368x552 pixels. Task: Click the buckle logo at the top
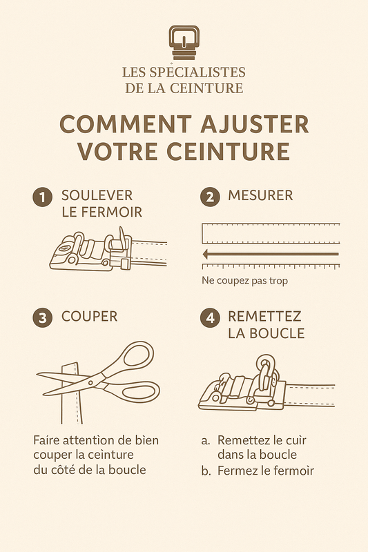[184, 43]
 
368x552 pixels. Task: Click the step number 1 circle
[43, 197]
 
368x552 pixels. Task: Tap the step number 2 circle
[210, 197]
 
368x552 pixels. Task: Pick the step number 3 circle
[43, 317]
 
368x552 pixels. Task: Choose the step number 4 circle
[210, 317]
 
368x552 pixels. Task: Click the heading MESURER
[260, 196]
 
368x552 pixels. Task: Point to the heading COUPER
[89, 317]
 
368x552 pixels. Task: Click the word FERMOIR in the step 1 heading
[114, 213]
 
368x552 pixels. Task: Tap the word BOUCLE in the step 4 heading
[266, 333]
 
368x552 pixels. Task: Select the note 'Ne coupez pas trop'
[244, 281]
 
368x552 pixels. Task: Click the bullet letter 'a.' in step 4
[205, 440]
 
